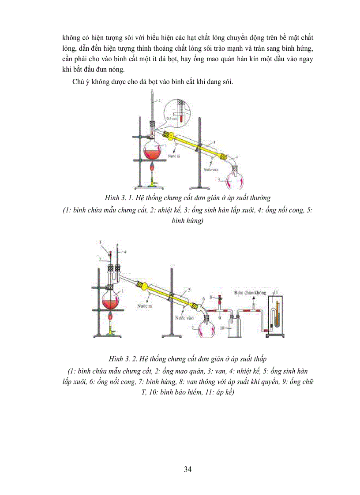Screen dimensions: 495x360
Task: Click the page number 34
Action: (187, 469)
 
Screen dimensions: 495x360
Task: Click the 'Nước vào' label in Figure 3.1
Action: (210, 168)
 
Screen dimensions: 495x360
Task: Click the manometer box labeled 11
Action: (275, 313)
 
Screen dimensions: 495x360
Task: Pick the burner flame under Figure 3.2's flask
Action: (110, 318)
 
